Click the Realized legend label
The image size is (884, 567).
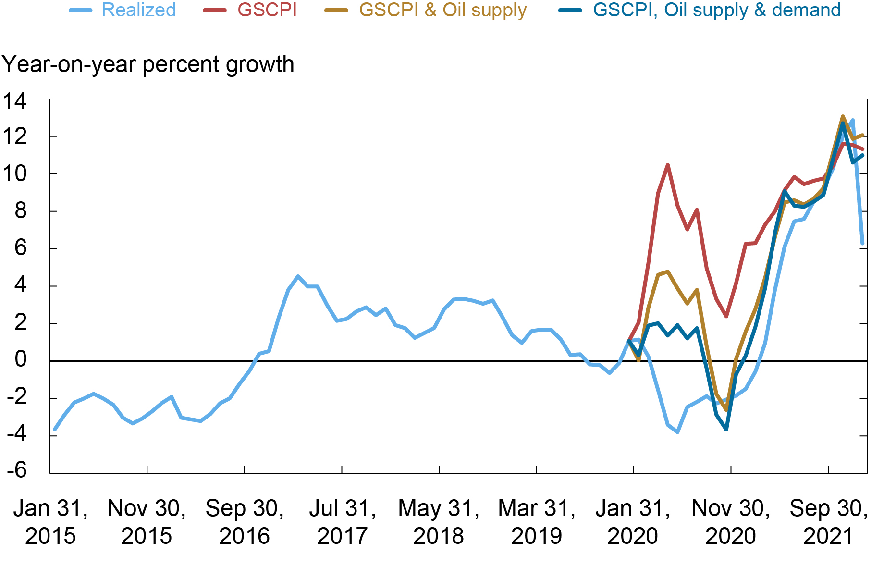pyautogui.click(x=138, y=10)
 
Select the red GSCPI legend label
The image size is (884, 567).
pyautogui.click(x=267, y=10)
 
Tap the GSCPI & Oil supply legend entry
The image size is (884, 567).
pyautogui.click(x=442, y=10)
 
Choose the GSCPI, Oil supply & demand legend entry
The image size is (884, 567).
pyautogui.click(x=716, y=10)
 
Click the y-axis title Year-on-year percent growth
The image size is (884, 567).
pyautogui.click(x=147, y=64)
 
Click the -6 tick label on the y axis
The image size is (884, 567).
pyautogui.click(x=16, y=469)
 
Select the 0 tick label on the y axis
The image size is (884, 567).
pyautogui.click(x=20, y=359)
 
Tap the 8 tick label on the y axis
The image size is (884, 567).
pyautogui.click(x=20, y=211)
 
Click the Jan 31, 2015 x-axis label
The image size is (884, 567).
pyautogui.click(x=50, y=522)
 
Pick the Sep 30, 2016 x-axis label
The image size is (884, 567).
pyautogui.click(x=245, y=522)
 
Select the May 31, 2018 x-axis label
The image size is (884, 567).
pyautogui.click(x=439, y=522)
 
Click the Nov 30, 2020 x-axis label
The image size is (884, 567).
pyautogui.click(x=731, y=522)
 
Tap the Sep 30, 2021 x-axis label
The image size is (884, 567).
pyautogui.click(x=829, y=522)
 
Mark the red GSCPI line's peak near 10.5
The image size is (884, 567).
pyautogui.click(x=668, y=165)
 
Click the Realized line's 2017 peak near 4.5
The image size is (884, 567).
pyautogui.click(x=298, y=276)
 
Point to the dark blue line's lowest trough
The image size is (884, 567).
pyautogui.click(x=726, y=429)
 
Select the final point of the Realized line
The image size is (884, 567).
pyautogui.click(x=863, y=244)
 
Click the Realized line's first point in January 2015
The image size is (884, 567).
pyautogui.click(x=54, y=429)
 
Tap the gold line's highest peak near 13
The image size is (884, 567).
pyautogui.click(x=843, y=116)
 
